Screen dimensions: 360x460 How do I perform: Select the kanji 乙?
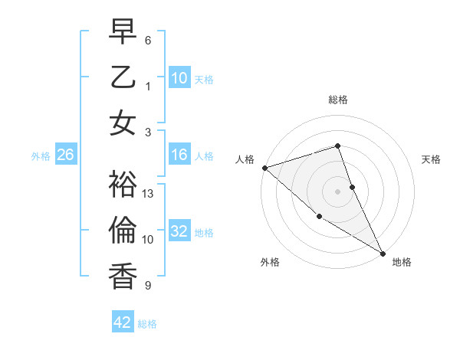[123, 77]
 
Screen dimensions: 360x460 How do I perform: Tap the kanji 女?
[123, 123]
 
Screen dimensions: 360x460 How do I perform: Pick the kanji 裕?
[123, 184]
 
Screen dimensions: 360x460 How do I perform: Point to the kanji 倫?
[123, 231]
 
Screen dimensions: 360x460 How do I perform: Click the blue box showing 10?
[179, 78]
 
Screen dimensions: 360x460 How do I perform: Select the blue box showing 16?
[179, 155]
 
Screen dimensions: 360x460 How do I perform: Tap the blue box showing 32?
[179, 232]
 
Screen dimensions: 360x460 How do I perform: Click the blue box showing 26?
[65, 155]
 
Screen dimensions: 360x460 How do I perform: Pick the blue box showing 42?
[122, 323]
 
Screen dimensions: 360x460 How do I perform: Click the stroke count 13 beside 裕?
[149, 194]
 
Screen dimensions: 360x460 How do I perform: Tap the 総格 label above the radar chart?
[338, 100]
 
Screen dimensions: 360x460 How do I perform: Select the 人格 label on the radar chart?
[245, 159]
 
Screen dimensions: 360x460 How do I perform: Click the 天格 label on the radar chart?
[432, 159]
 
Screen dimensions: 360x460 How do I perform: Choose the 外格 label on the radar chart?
[270, 262]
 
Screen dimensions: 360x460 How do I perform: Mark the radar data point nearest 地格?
[383, 253]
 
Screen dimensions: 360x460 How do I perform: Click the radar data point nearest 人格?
[264, 168]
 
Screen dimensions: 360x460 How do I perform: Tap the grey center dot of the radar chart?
[338, 191]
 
